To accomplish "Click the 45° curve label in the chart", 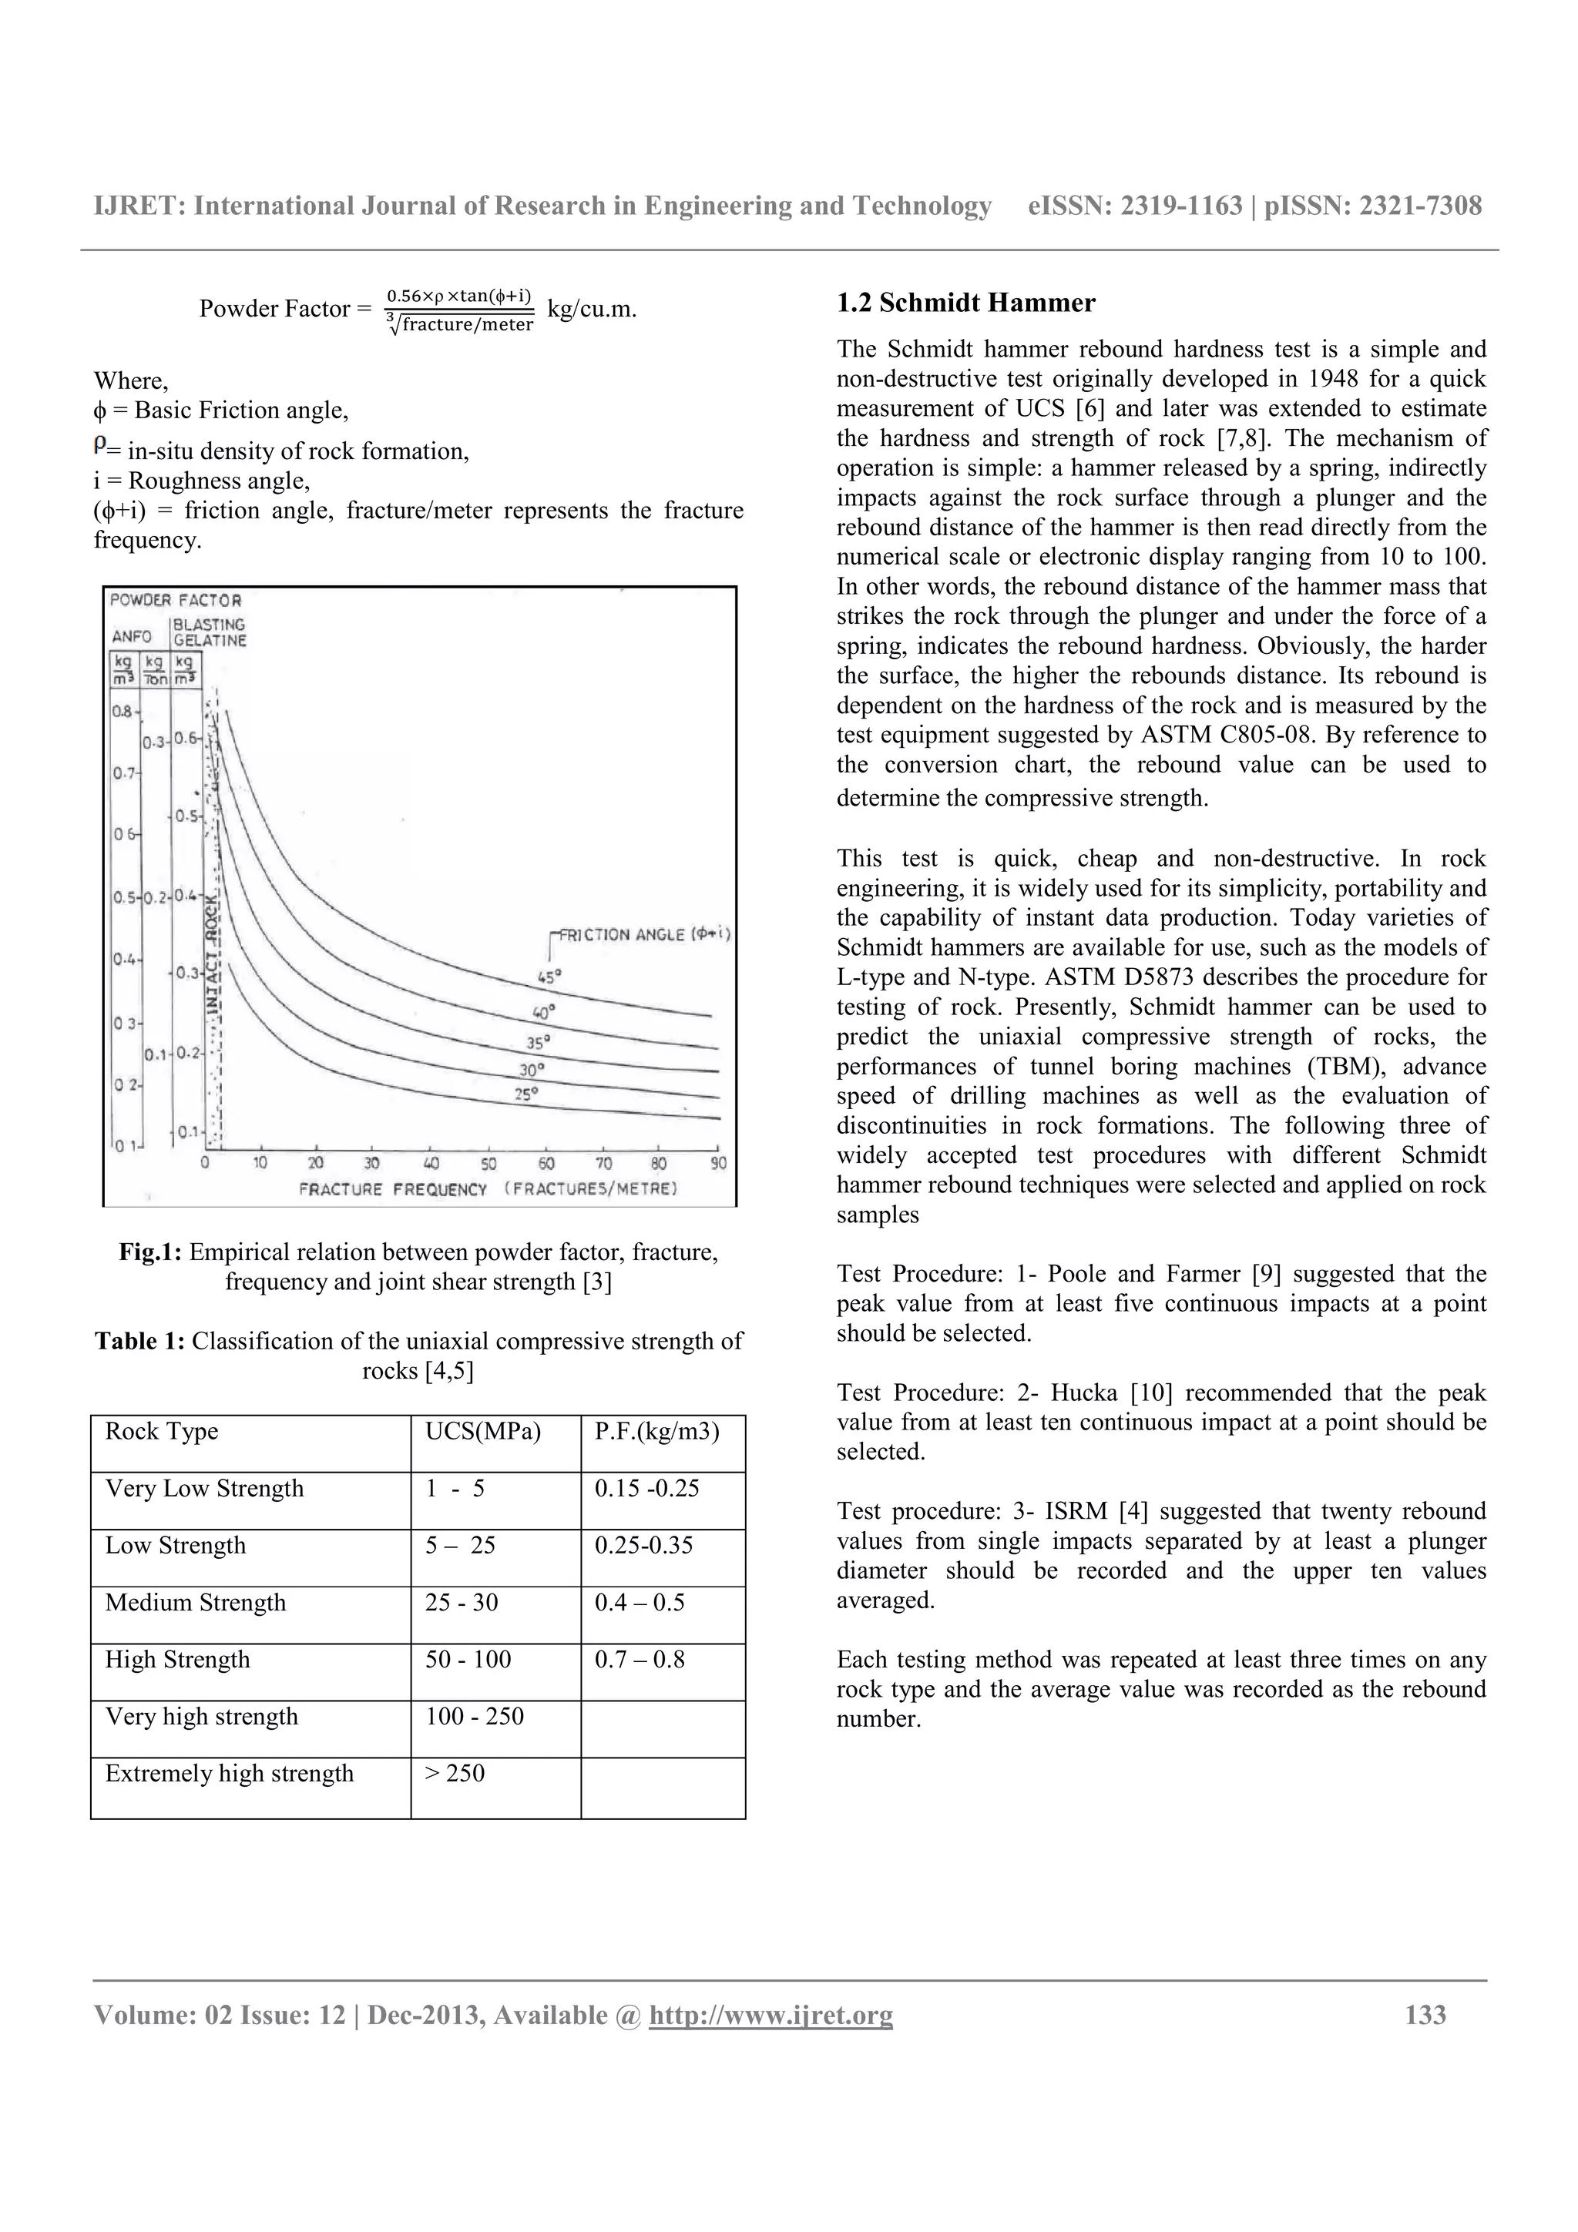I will tap(549, 977).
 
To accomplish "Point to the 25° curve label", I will tap(526, 1094).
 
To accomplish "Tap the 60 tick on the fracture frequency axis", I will tap(546, 1164).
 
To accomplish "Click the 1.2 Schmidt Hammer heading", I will tap(965, 303).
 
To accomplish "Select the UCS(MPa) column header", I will tap(482, 1431).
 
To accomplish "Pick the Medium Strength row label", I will tap(196, 1602).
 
